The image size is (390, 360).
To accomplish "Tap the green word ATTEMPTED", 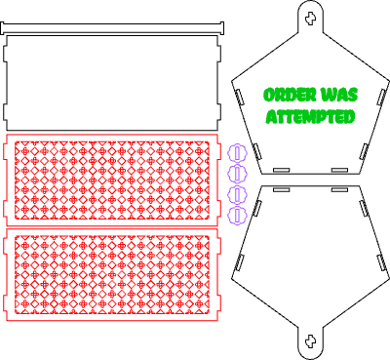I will (x=310, y=117).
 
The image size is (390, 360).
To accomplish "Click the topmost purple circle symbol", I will (x=237, y=153).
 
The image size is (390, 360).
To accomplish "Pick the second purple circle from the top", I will (x=237, y=174).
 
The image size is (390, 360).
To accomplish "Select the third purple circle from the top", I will (x=237, y=195).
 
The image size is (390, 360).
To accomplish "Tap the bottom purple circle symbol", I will (x=237, y=216).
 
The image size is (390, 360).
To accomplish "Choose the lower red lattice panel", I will (x=112, y=274).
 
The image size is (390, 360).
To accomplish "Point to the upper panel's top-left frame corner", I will (x=8, y=136).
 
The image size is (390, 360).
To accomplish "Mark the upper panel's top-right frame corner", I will (x=216, y=136).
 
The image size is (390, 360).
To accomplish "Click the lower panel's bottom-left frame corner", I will (x=8, y=319).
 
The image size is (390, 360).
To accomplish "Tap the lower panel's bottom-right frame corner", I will (x=216, y=319).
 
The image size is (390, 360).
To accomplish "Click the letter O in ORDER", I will (x=269, y=96).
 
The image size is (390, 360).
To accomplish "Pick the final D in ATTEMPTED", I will (x=349, y=117).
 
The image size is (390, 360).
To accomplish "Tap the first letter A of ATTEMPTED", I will (x=272, y=117).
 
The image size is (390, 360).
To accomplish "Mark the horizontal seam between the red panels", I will (x=112, y=228).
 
